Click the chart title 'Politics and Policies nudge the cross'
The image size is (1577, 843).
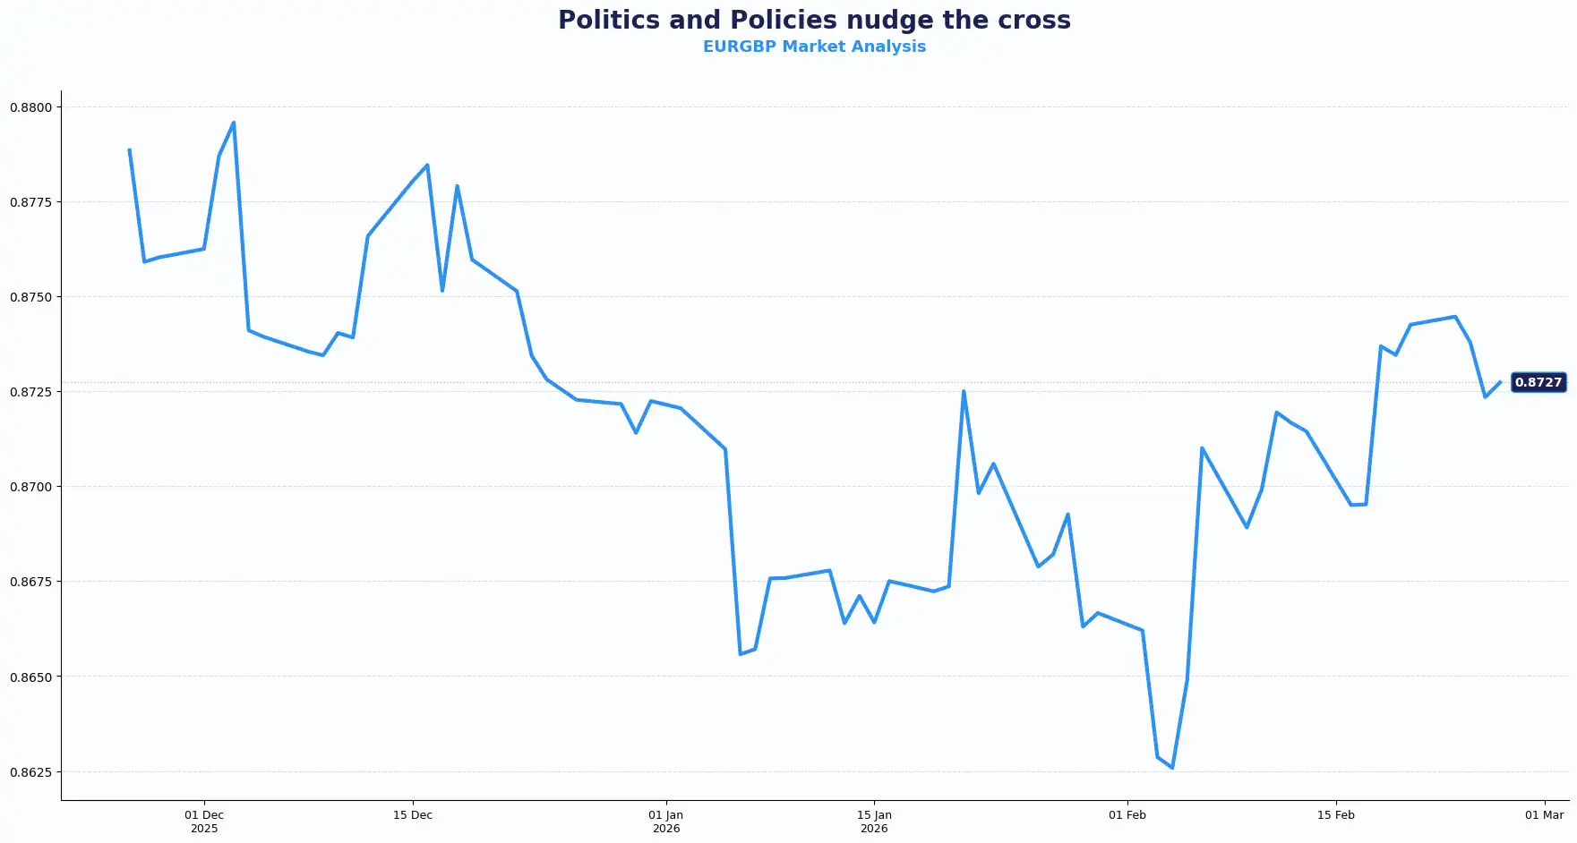point(814,20)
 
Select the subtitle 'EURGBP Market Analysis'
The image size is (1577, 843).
point(814,47)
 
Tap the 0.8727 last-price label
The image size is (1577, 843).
point(1538,382)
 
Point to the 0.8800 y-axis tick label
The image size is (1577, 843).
point(31,107)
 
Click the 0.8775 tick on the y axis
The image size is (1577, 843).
point(31,202)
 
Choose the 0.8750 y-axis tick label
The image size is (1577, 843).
point(31,297)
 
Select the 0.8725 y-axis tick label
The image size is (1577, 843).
point(31,392)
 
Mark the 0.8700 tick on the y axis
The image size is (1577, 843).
point(31,487)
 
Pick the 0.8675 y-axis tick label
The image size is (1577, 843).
point(31,582)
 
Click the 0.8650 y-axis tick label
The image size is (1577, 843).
point(31,677)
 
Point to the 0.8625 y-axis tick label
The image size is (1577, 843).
point(31,771)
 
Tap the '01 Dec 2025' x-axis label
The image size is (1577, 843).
point(204,822)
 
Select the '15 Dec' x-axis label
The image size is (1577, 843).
point(413,815)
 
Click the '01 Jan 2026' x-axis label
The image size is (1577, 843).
point(666,822)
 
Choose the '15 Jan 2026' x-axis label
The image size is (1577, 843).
point(874,822)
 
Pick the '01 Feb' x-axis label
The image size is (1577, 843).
point(1127,815)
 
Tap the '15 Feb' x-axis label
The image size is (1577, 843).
point(1336,815)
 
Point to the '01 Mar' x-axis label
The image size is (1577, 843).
point(1545,815)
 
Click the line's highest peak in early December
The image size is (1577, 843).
point(234,123)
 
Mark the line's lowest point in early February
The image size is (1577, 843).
point(1172,768)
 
